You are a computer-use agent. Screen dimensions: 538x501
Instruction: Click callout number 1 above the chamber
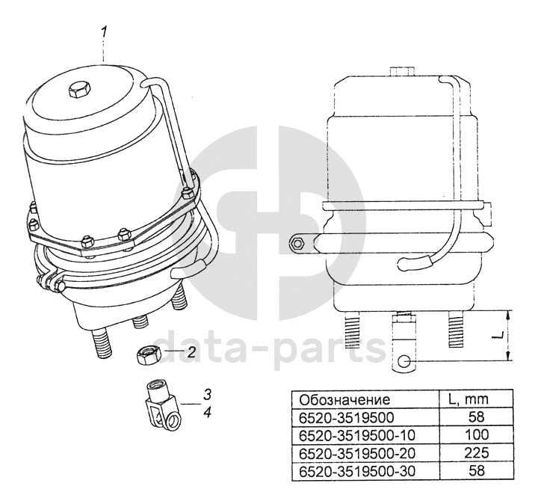(x=105, y=34)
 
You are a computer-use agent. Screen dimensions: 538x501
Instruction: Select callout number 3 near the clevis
(x=206, y=395)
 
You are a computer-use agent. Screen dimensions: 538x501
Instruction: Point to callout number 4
(x=206, y=412)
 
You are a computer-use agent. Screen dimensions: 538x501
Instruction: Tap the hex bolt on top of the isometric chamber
(x=80, y=90)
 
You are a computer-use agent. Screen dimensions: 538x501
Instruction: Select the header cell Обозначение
(x=344, y=400)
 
